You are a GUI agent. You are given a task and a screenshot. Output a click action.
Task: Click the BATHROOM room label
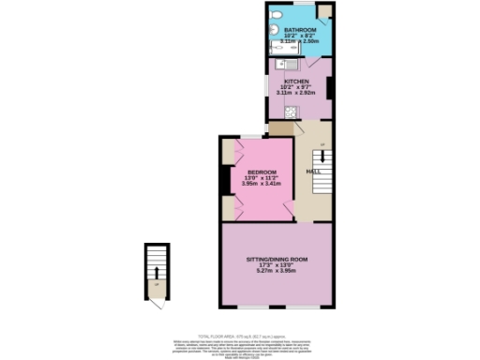tap(299, 30)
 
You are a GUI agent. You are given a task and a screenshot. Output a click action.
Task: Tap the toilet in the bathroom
tap(275, 17)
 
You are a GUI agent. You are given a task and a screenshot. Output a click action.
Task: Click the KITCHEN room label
tap(298, 81)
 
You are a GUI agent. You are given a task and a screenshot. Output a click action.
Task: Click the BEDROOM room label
tap(262, 172)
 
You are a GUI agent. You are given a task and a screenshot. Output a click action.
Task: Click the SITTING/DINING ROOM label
tap(277, 258)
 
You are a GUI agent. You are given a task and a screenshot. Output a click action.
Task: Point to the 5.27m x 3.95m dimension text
tap(277, 270)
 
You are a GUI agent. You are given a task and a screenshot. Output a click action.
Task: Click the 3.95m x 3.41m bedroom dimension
tap(262, 184)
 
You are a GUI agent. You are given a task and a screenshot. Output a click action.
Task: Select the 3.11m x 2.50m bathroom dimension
tap(301, 42)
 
